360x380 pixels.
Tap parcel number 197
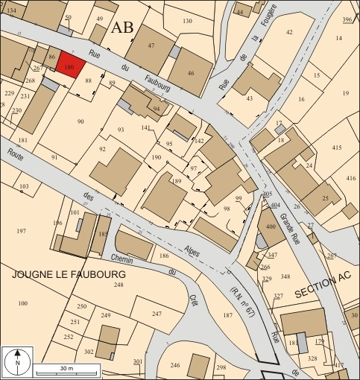point(20,232)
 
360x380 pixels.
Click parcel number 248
point(118,285)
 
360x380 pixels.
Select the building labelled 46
point(190,73)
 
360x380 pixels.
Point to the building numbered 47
point(151,46)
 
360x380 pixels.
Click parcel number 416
point(351,179)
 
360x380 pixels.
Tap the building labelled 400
point(270,225)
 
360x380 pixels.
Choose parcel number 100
point(22,303)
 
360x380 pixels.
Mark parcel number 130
point(187,22)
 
